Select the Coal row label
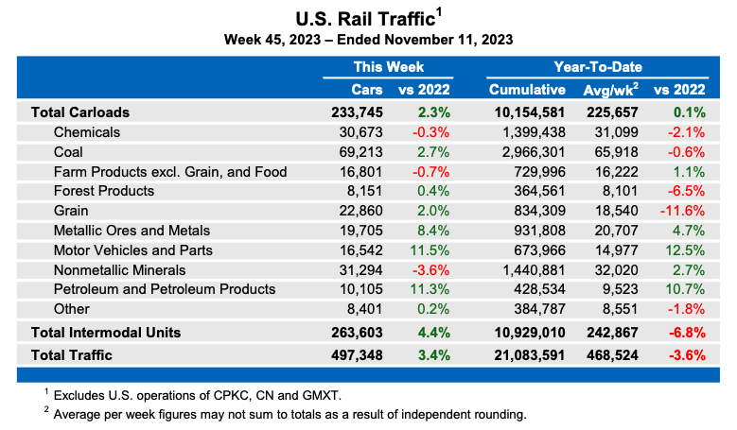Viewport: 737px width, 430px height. (x=68, y=151)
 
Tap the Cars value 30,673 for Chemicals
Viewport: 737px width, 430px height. (x=359, y=131)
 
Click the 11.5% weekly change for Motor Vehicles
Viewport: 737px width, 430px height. (x=431, y=250)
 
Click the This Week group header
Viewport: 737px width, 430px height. (x=388, y=67)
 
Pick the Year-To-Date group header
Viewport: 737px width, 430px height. (x=598, y=67)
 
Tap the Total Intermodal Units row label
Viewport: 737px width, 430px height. (x=106, y=332)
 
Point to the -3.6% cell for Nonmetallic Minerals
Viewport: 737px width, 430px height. (x=431, y=269)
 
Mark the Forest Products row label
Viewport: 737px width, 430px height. (x=104, y=191)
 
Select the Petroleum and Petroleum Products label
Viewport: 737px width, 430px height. (x=165, y=289)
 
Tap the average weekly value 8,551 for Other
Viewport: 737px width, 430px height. (x=618, y=309)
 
